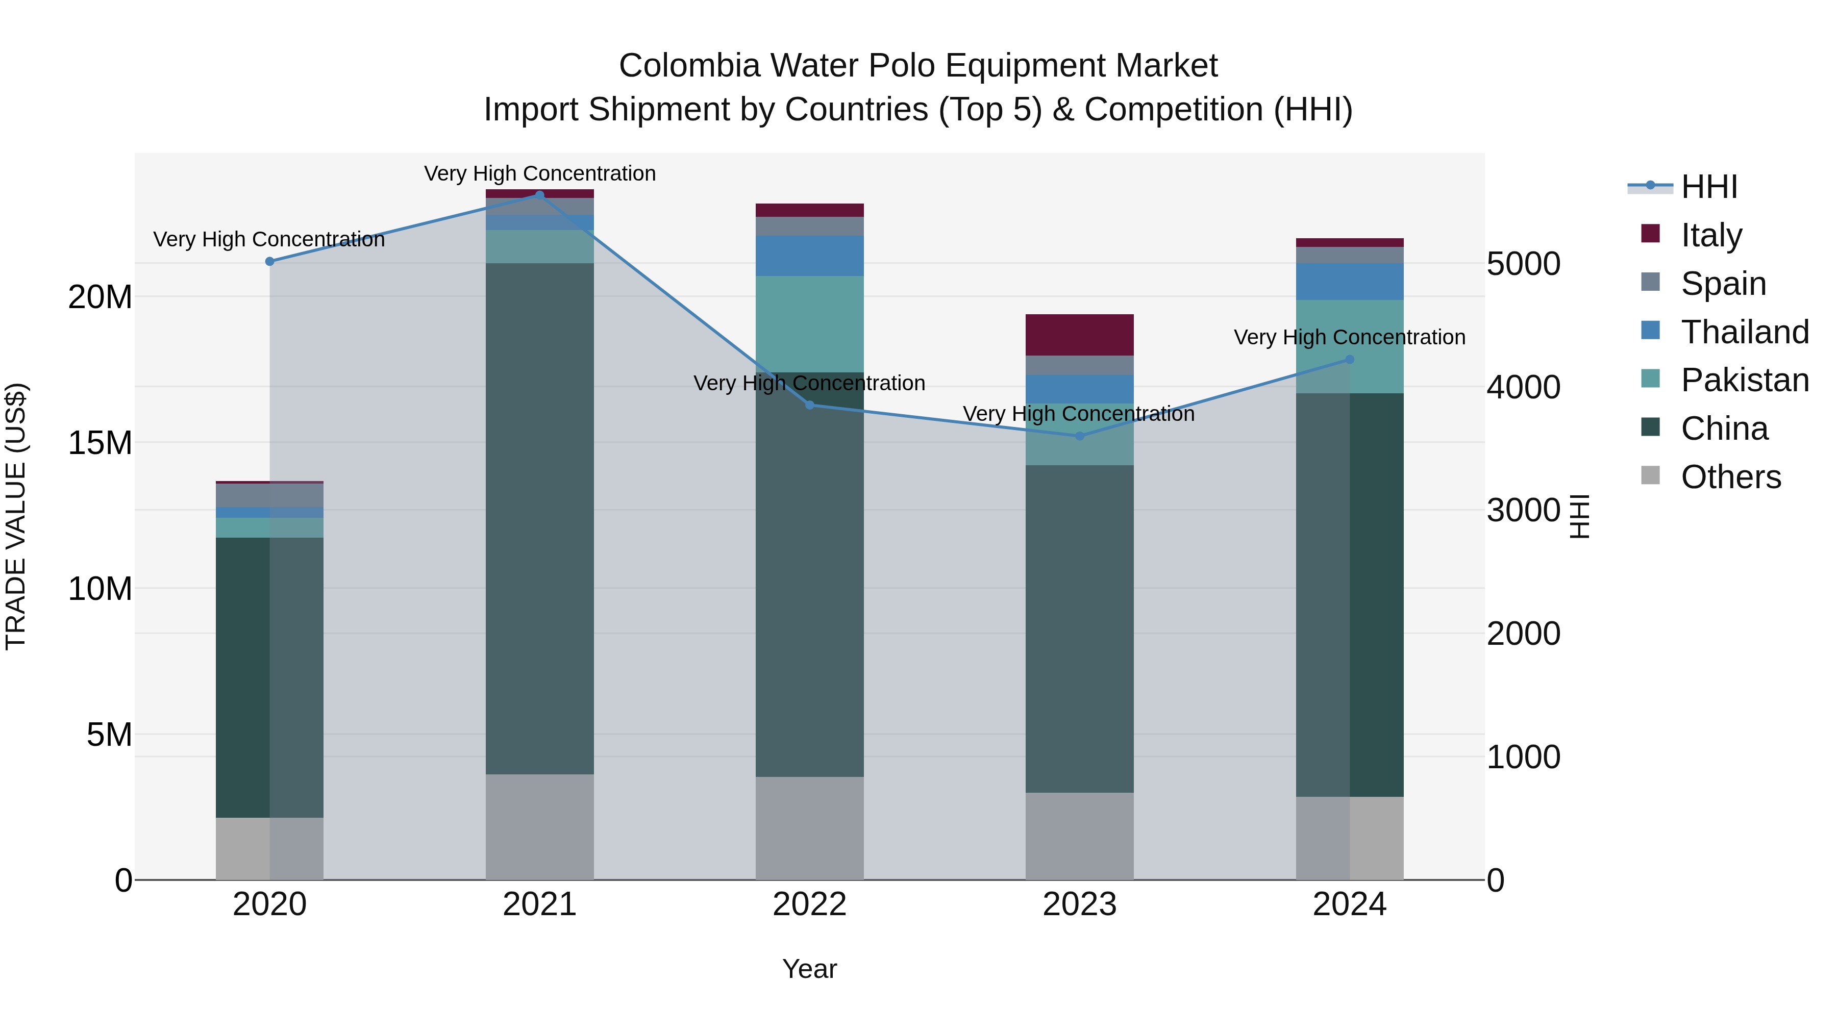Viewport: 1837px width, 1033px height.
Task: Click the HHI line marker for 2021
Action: pyautogui.click(x=539, y=195)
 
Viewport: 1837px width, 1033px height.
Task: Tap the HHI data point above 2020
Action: pyautogui.click(x=269, y=262)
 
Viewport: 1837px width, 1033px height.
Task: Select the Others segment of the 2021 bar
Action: pyautogui.click(x=539, y=826)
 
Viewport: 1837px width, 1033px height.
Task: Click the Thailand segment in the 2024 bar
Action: pyautogui.click(x=1349, y=281)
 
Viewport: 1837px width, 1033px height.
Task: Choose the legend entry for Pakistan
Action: pyautogui.click(x=1744, y=380)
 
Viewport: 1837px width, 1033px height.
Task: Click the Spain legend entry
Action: pyautogui.click(x=1723, y=283)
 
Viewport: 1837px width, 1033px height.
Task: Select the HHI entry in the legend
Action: pyautogui.click(x=1708, y=187)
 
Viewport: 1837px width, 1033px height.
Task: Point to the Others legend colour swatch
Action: pyautogui.click(x=1650, y=475)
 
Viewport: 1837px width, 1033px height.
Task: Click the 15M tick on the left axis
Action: pyautogui.click(x=100, y=443)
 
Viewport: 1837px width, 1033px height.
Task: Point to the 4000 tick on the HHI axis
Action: pyautogui.click(x=1523, y=387)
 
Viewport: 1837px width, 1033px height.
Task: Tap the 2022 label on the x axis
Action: pyautogui.click(x=809, y=904)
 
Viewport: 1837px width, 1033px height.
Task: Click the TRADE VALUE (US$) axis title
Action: pyautogui.click(x=16, y=516)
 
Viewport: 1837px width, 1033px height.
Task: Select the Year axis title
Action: pyautogui.click(x=809, y=969)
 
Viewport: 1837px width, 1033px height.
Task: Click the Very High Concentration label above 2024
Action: pyautogui.click(x=1349, y=337)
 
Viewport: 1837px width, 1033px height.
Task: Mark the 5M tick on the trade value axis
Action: pyautogui.click(x=109, y=734)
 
